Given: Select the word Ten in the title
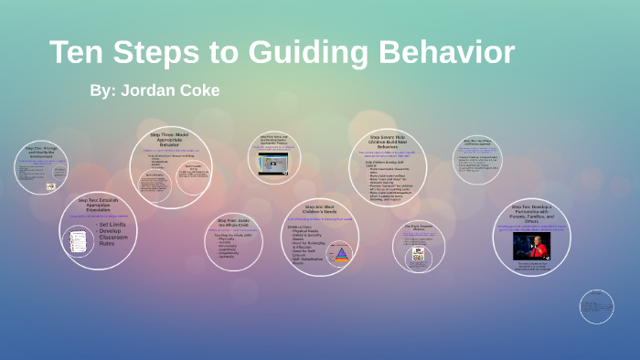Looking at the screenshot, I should click(79, 52).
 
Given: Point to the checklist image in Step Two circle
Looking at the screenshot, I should click(79, 241).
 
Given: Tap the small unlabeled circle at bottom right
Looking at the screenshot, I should click(596, 307).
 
